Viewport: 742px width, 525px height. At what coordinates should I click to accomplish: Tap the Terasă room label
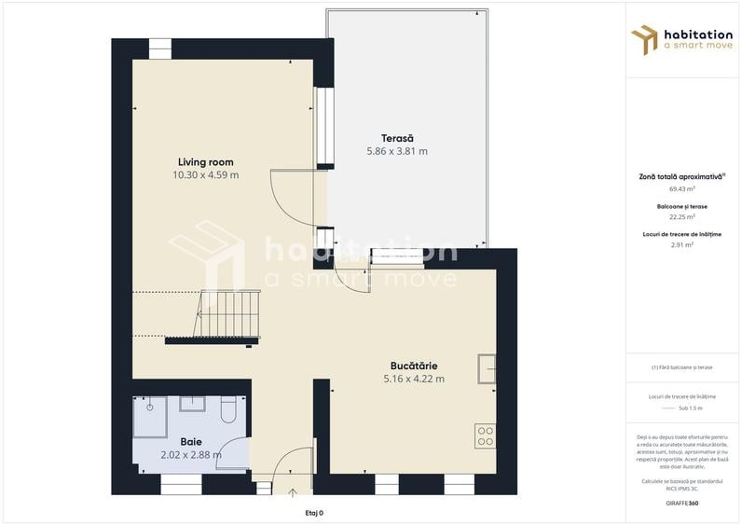pyautogui.click(x=396, y=138)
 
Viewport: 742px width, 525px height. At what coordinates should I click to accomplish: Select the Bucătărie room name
pyautogui.click(x=413, y=366)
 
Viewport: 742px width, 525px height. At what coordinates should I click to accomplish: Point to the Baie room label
pyautogui.click(x=191, y=442)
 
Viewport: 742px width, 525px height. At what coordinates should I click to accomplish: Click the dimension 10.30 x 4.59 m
pyautogui.click(x=205, y=175)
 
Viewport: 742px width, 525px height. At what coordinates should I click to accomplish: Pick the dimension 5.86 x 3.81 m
pyautogui.click(x=396, y=151)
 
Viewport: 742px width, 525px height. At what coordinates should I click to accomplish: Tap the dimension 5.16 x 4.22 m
pyautogui.click(x=413, y=379)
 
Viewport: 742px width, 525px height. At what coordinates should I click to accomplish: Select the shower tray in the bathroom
pyautogui.click(x=149, y=417)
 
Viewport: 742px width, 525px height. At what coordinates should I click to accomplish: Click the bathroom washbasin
pyautogui.click(x=192, y=403)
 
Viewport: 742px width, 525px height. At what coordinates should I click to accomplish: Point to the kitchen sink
pyautogui.click(x=486, y=369)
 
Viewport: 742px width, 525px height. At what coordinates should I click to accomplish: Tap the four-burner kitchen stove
pyautogui.click(x=486, y=435)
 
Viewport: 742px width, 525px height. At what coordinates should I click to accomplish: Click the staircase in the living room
pyautogui.click(x=229, y=315)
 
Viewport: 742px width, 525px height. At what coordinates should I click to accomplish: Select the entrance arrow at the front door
pyautogui.click(x=292, y=492)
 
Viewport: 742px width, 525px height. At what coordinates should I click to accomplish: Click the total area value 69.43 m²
pyautogui.click(x=682, y=188)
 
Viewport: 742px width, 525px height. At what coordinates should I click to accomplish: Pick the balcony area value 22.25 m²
pyautogui.click(x=682, y=216)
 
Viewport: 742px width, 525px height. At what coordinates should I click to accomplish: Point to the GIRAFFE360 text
pyautogui.click(x=681, y=504)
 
